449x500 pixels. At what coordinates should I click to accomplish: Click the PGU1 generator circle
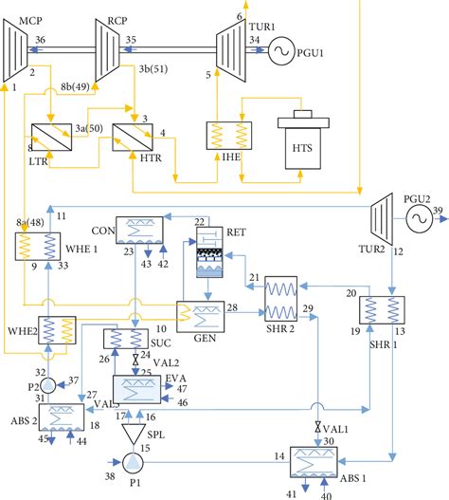tap(282, 48)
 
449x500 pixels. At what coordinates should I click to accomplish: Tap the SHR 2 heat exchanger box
tap(280, 301)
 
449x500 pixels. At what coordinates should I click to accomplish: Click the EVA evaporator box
tap(138, 389)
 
